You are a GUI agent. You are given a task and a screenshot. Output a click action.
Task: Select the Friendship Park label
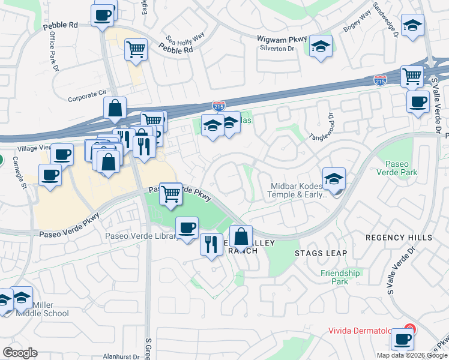(340, 277)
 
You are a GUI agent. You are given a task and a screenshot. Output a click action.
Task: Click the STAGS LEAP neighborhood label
(321, 253)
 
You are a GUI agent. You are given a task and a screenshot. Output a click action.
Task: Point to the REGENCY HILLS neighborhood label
(399, 238)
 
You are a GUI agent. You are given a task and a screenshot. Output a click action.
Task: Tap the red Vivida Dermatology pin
(409, 329)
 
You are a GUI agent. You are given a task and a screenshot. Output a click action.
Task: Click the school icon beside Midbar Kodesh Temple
(334, 178)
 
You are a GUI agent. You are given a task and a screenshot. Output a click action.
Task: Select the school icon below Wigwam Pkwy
(321, 47)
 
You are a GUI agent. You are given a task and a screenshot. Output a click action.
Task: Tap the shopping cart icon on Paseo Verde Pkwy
(172, 194)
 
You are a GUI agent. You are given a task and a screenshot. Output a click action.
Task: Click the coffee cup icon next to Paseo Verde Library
(187, 227)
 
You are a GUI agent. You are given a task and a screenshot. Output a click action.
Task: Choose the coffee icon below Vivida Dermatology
(402, 340)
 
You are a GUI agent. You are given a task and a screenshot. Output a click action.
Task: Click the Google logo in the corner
(20, 353)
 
